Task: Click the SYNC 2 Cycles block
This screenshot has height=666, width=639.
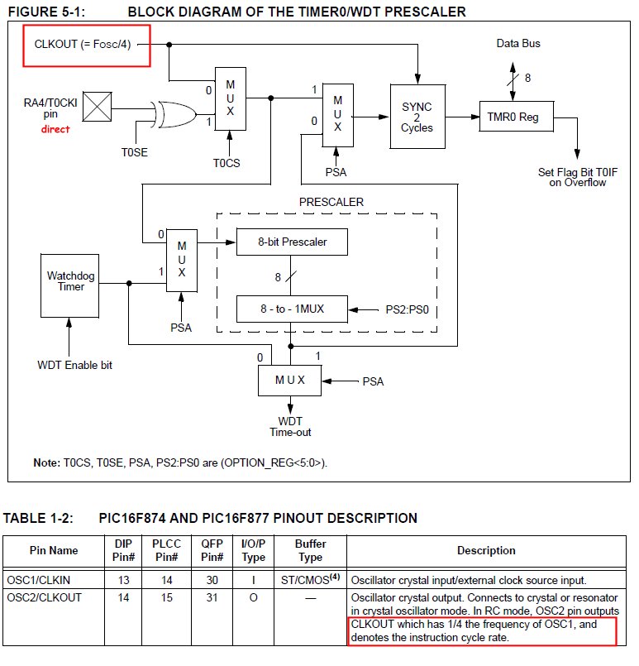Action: pyautogui.click(x=417, y=117)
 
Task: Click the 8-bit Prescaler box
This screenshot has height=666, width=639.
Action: pyautogui.click(x=292, y=242)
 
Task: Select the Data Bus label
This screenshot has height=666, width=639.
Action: pyautogui.click(x=517, y=42)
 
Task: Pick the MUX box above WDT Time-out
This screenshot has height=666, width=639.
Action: pyautogui.click(x=291, y=381)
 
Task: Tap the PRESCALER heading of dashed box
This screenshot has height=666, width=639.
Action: pyautogui.click(x=331, y=201)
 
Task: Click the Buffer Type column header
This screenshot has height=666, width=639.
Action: pyautogui.click(x=311, y=550)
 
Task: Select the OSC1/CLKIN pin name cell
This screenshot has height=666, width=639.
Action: pyautogui.click(x=42, y=581)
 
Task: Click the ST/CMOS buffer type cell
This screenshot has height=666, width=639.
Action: pyautogui.click(x=309, y=580)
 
